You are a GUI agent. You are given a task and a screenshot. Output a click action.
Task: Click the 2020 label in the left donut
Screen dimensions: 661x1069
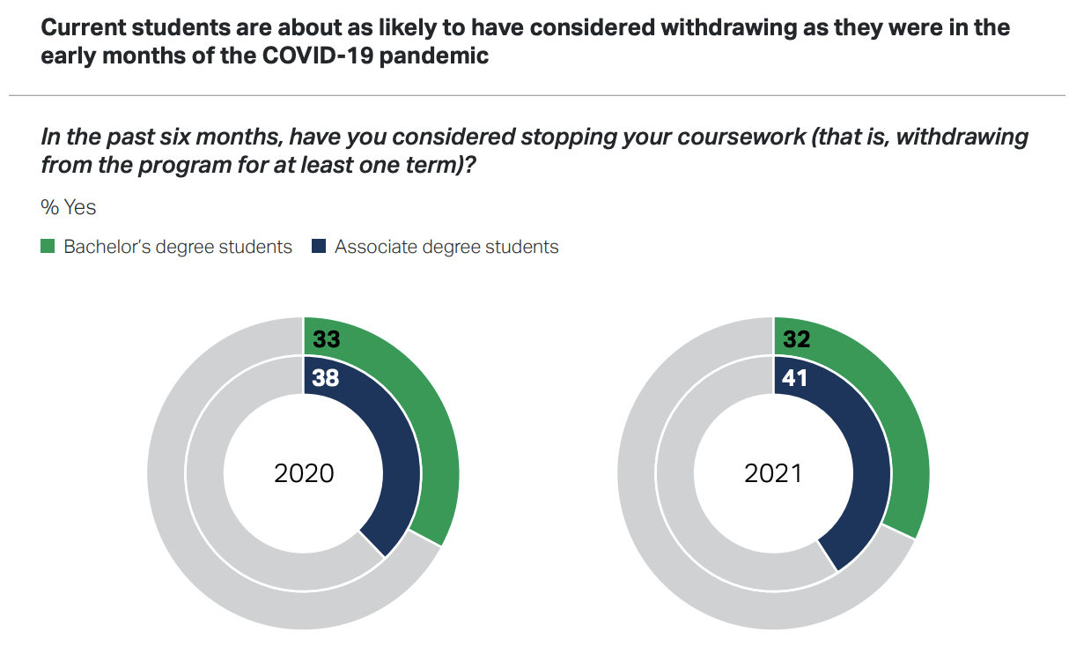click(304, 473)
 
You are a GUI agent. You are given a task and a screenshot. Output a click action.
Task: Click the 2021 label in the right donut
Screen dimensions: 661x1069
click(773, 473)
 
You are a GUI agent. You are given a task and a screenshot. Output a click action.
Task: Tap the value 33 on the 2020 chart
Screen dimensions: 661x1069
click(326, 339)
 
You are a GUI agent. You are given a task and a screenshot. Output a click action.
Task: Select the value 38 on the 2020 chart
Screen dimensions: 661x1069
click(326, 378)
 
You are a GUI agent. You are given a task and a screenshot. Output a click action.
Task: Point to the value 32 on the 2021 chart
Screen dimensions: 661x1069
click(795, 339)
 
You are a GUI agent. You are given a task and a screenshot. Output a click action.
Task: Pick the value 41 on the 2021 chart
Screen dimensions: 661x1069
click(795, 378)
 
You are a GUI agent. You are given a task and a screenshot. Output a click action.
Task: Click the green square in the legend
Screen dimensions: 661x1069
click(48, 247)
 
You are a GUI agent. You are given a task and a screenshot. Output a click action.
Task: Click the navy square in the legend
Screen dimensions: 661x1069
click(319, 247)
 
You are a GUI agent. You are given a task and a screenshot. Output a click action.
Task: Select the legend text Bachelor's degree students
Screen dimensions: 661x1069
click(177, 247)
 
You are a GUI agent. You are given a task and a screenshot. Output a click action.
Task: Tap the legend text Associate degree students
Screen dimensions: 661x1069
click(446, 247)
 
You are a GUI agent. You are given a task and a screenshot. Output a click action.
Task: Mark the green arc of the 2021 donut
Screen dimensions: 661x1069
click(903, 423)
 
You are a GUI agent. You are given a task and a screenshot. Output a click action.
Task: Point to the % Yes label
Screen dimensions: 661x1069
click(69, 208)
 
